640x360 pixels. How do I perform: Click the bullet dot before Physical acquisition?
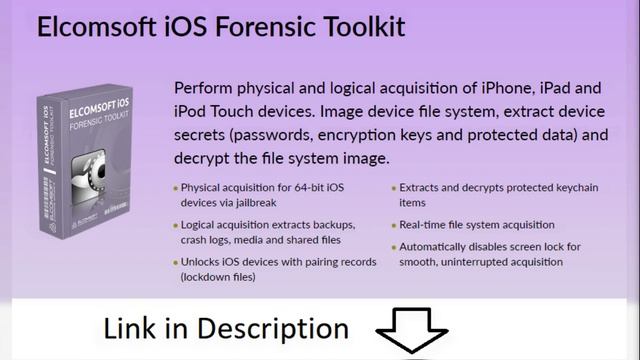click(176, 187)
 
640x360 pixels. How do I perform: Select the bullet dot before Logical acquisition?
click(176, 225)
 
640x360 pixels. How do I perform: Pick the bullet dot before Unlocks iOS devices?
click(176, 262)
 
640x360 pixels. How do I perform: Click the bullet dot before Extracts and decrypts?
click(393, 187)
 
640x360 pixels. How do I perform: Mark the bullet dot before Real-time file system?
click(393, 225)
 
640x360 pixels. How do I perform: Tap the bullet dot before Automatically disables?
click(393, 247)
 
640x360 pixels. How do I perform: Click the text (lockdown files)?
click(218, 277)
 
